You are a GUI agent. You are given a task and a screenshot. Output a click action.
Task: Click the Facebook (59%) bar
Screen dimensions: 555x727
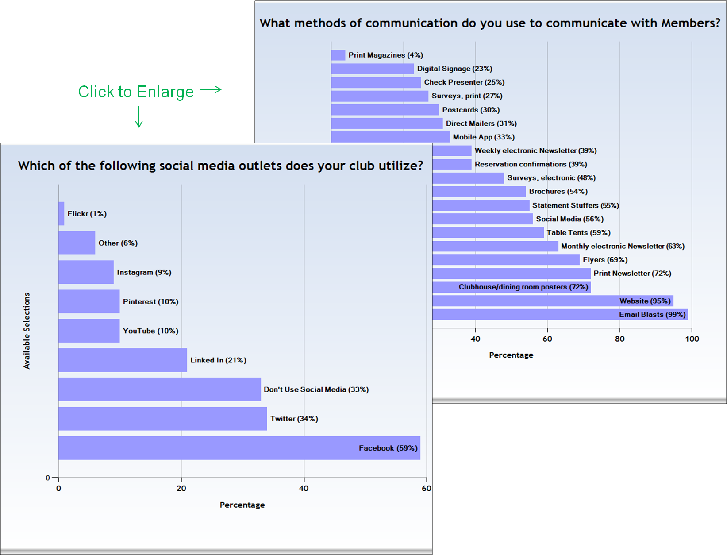239,448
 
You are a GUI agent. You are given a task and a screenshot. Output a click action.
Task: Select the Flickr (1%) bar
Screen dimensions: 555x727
62,214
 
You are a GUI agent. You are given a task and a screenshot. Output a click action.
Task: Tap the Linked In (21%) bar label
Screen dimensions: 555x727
218,360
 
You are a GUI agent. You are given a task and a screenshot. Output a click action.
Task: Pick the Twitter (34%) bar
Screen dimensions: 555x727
162,419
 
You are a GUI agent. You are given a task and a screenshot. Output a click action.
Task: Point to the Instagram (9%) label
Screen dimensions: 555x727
144,272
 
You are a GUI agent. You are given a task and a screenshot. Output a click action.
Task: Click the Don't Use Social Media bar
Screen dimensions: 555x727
159,389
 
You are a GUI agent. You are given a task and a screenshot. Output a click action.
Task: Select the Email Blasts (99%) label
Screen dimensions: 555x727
652,315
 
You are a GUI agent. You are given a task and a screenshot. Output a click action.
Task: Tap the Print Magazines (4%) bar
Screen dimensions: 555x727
338,55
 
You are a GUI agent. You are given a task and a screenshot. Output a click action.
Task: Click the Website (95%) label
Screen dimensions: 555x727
645,301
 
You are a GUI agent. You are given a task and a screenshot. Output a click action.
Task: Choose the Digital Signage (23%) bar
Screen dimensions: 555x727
372,69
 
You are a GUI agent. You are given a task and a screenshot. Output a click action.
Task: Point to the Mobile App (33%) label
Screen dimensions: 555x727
484,137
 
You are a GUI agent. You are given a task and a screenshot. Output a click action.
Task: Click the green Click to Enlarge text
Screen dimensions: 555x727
136,92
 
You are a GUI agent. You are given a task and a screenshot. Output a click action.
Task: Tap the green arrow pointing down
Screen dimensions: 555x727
139,117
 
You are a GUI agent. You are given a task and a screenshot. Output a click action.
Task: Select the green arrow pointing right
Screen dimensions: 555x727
211,90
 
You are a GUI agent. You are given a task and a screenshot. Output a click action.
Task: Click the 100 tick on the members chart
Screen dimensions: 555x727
692,339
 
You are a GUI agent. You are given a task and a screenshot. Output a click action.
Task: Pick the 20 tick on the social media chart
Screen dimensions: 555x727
181,489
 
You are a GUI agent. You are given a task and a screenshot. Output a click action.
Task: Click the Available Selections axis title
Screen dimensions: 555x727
27,331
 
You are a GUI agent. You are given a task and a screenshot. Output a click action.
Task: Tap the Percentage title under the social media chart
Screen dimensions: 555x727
242,505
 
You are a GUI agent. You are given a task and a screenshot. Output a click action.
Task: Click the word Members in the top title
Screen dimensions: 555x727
690,23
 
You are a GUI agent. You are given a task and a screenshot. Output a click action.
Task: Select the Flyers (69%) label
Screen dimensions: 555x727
605,260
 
